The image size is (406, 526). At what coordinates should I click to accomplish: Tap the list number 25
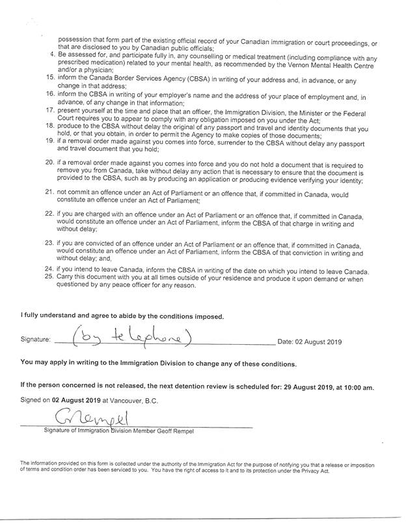[x=49, y=277]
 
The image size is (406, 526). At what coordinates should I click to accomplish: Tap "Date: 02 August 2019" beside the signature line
[x=309, y=341]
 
